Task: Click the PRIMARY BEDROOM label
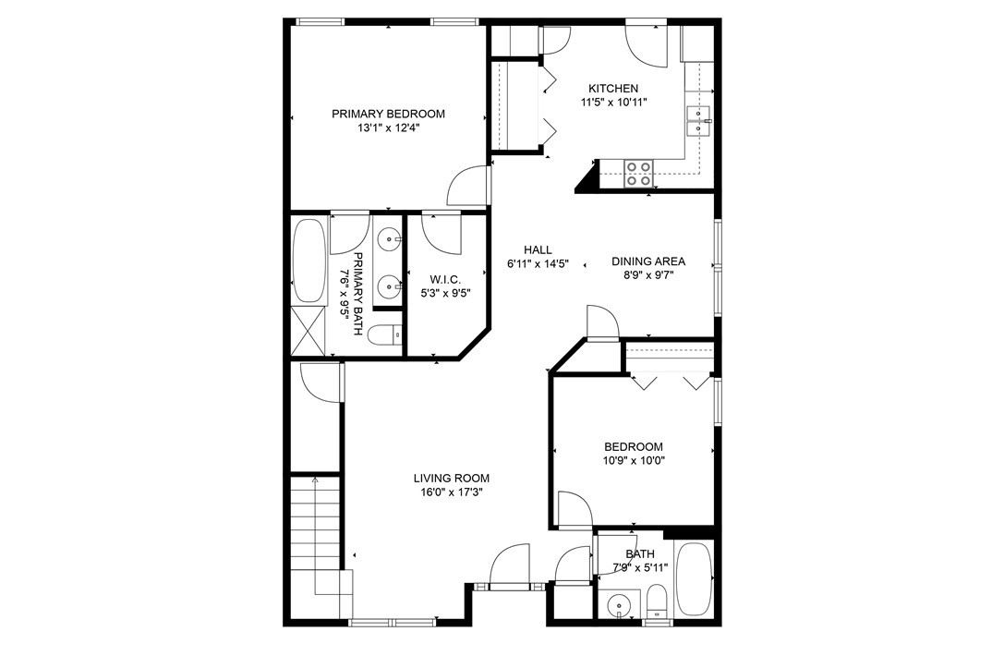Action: click(x=388, y=114)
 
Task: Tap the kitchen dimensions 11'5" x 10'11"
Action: click(x=613, y=103)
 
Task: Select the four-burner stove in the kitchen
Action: click(x=639, y=173)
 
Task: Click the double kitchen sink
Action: click(x=699, y=121)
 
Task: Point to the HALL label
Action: click(x=538, y=249)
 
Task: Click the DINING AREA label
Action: click(x=648, y=261)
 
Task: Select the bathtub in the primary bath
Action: click(x=308, y=259)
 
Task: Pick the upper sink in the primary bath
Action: click(x=391, y=240)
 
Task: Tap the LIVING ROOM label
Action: click(x=451, y=478)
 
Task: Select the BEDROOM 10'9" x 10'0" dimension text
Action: click(x=634, y=460)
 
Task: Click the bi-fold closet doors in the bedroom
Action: click(x=667, y=380)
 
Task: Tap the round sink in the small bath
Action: click(x=616, y=606)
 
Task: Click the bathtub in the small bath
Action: click(x=694, y=579)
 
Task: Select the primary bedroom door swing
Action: click(x=468, y=187)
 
